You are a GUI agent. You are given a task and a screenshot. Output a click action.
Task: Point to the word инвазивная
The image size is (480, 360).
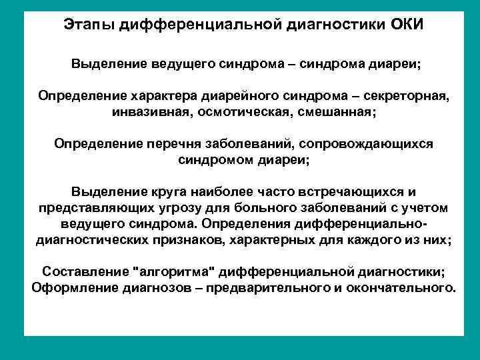149,113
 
